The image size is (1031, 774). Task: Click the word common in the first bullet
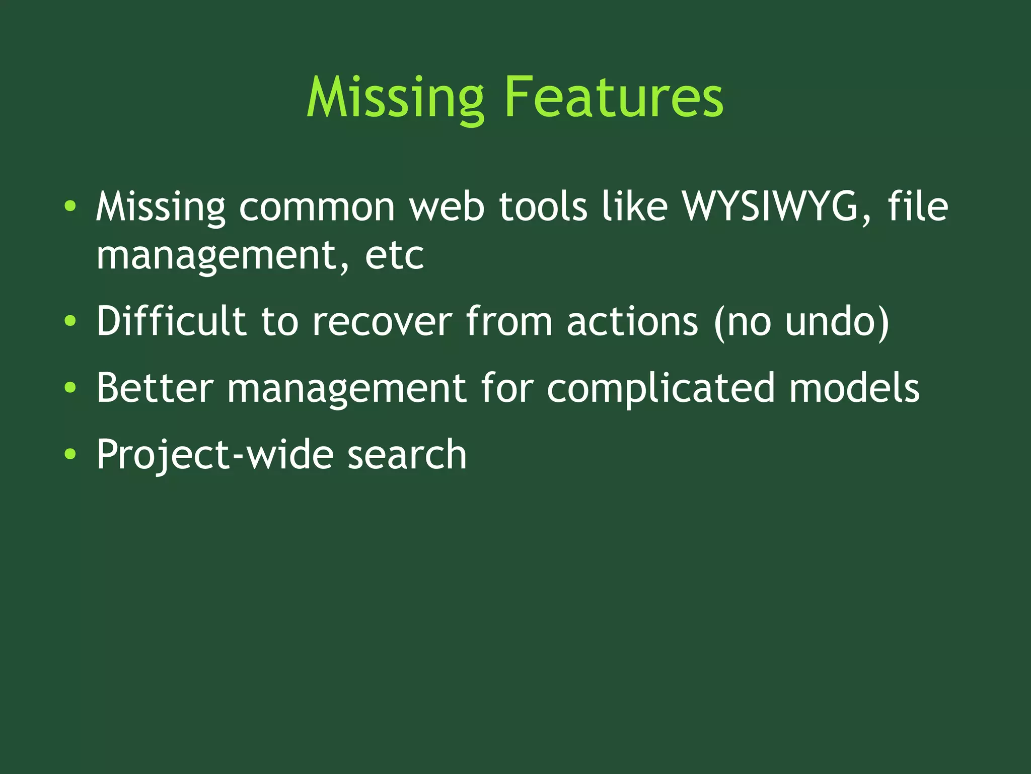(317, 207)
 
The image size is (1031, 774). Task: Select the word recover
(382, 322)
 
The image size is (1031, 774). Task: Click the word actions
(632, 322)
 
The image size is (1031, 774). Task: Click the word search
(407, 454)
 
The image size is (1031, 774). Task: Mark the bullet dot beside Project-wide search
(70, 454)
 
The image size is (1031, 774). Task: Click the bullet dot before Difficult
(70, 321)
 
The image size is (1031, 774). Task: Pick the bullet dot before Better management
(70, 388)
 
